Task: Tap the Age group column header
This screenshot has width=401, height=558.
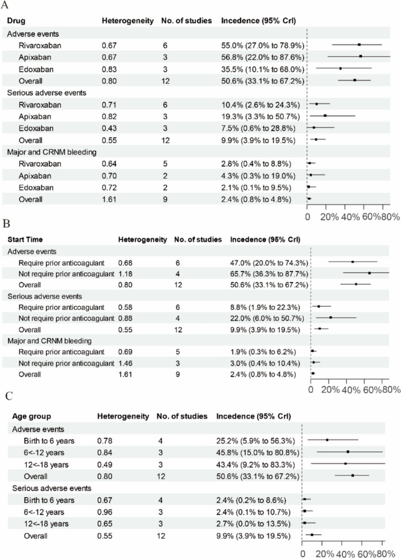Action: [24, 416]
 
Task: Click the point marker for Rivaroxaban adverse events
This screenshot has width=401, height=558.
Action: [359, 45]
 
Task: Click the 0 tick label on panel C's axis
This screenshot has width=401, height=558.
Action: [303, 551]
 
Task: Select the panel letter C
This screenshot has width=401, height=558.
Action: [8, 396]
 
